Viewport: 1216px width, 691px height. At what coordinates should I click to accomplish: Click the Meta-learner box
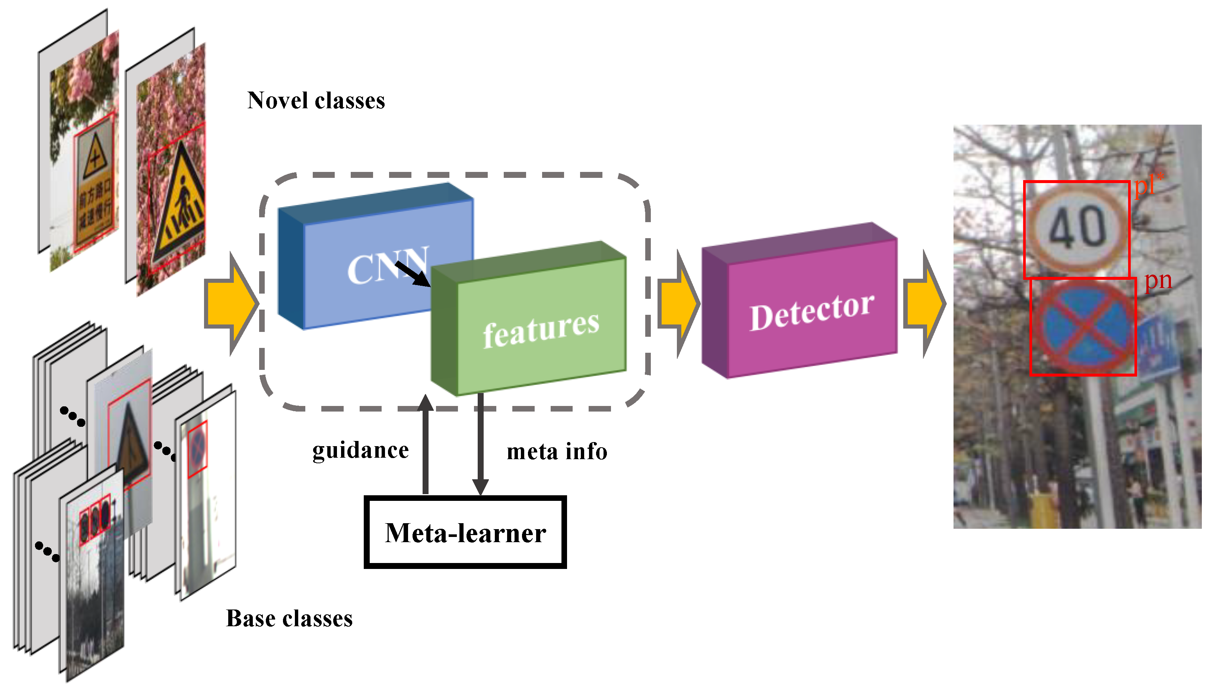465,532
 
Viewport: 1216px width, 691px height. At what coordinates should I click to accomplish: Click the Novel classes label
316,100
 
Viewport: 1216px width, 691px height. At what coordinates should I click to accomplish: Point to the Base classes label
289,618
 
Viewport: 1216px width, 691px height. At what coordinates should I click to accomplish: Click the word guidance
360,450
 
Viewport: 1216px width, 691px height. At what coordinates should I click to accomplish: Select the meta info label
557,451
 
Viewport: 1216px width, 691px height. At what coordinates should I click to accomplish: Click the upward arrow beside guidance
426,446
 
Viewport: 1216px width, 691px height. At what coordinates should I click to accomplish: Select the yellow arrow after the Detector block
923,304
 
